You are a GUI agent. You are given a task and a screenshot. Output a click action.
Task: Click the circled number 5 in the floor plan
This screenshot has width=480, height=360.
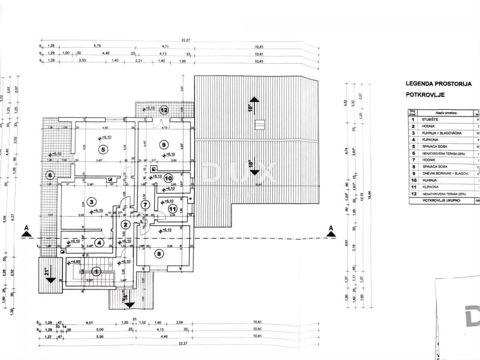tap(103, 150)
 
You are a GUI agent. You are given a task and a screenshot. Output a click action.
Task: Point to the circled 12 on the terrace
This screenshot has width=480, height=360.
tap(164, 110)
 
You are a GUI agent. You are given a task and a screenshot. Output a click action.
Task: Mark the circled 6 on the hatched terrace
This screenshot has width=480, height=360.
tap(50, 174)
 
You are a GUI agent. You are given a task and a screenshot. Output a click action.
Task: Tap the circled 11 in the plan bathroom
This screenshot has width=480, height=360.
tap(173, 208)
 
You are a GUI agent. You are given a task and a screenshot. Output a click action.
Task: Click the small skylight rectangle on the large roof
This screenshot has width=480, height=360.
tap(260, 124)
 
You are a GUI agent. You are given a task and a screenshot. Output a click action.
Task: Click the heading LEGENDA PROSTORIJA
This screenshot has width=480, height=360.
tap(438, 84)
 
